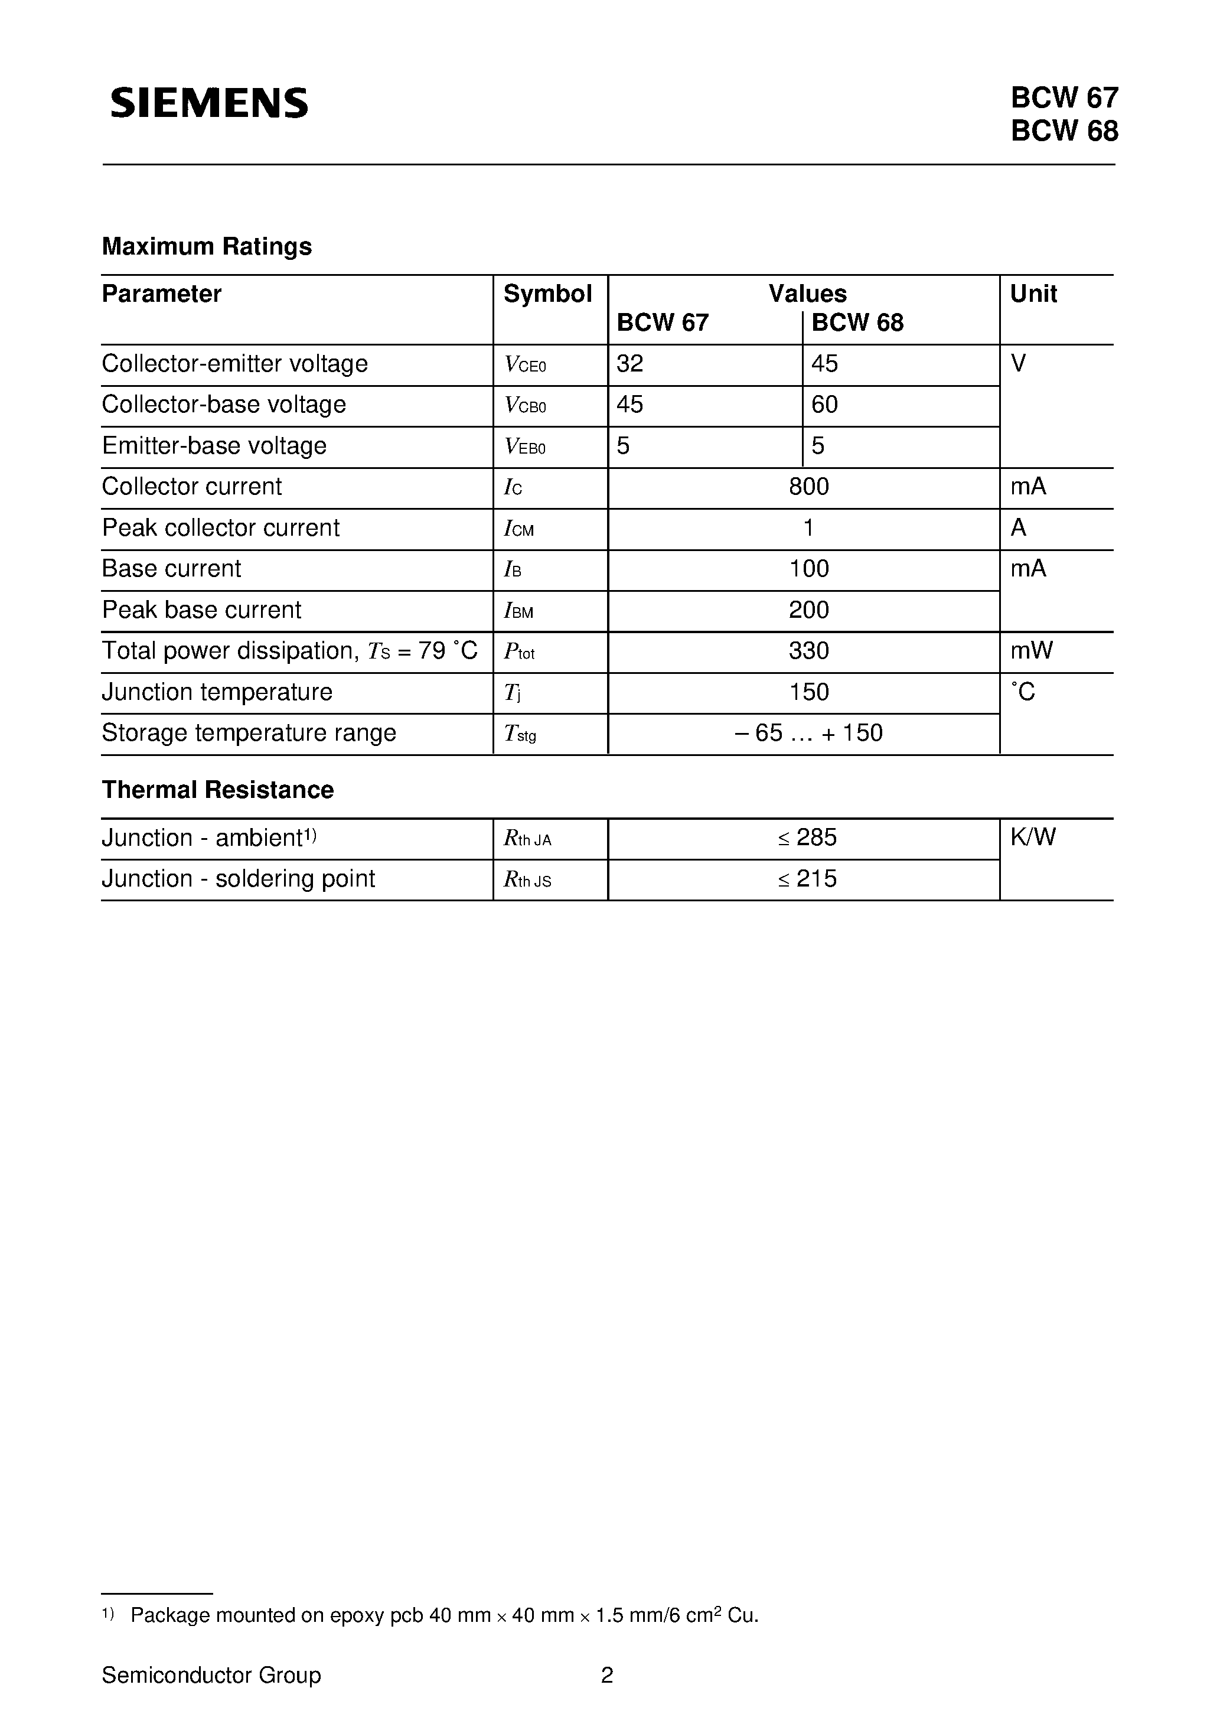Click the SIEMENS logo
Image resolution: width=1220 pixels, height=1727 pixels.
coord(209,102)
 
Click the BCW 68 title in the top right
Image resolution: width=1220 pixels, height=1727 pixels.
coord(1064,131)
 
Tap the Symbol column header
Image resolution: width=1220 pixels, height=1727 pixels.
coord(547,294)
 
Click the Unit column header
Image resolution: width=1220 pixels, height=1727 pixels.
coord(1033,294)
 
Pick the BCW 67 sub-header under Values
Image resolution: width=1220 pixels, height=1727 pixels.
coord(662,322)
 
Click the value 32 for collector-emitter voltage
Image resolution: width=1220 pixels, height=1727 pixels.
coord(629,364)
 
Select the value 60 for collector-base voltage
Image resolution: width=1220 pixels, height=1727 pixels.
coord(824,405)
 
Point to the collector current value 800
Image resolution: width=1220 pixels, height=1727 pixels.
coord(808,487)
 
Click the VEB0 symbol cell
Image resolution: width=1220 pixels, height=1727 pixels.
coord(525,447)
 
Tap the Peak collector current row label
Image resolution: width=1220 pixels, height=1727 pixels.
coord(220,528)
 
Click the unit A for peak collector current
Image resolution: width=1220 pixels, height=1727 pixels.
coord(1019,528)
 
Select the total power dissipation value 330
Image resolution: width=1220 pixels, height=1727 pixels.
coord(808,651)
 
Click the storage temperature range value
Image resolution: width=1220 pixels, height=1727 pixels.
coord(808,732)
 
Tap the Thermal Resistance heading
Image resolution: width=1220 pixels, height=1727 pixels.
coord(217,790)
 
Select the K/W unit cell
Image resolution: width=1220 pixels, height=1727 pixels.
coord(1033,837)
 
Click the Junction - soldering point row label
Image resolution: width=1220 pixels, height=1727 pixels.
coord(238,878)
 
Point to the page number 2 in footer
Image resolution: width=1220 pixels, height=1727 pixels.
coord(607,1675)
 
